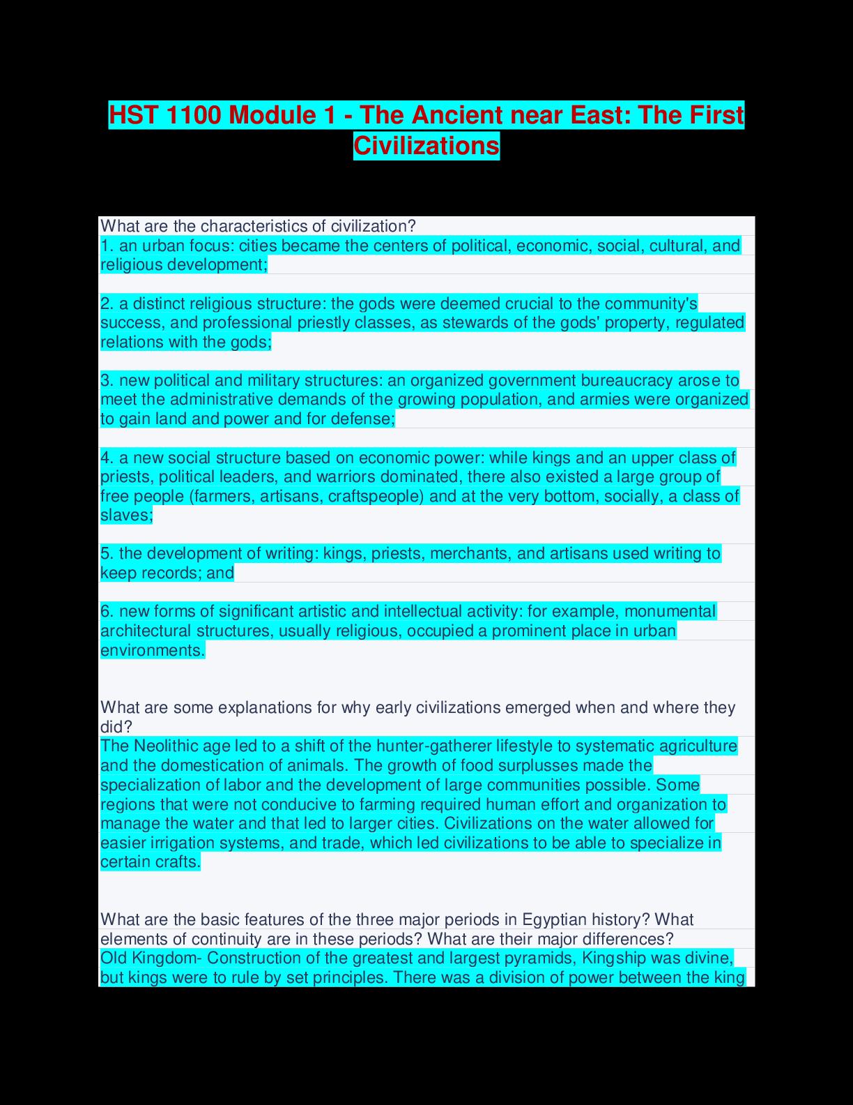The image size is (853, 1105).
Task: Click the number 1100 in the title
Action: (x=192, y=115)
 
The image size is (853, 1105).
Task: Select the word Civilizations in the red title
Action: (x=426, y=146)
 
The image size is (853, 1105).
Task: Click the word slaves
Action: (x=125, y=516)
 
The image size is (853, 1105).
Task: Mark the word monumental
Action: (x=670, y=612)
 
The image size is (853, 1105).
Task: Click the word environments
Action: (x=152, y=650)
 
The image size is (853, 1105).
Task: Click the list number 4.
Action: (x=107, y=458)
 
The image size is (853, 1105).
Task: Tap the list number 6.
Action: (x=107, y=612)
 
